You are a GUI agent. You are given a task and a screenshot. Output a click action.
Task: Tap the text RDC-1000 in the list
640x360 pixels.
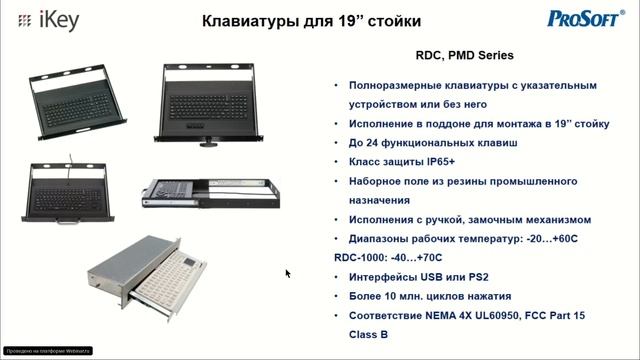point(357,257)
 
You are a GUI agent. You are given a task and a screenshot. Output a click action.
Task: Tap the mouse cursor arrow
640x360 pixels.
point(288,273)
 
